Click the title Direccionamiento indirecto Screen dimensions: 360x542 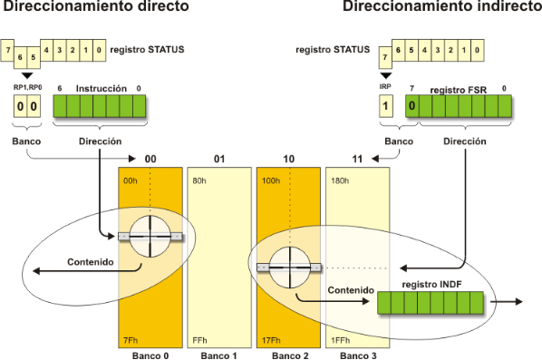(441, 7)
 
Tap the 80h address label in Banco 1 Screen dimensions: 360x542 (200, 180)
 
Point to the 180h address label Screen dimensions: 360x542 (340, 180)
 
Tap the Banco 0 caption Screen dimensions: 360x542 (150, 355)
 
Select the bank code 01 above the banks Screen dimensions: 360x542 (219, 160)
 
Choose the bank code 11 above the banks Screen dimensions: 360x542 (358, 160)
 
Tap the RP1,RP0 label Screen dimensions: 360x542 (26, 88)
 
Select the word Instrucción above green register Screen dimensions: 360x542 (100, 88)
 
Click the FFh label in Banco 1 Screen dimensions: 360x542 (200, 340)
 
